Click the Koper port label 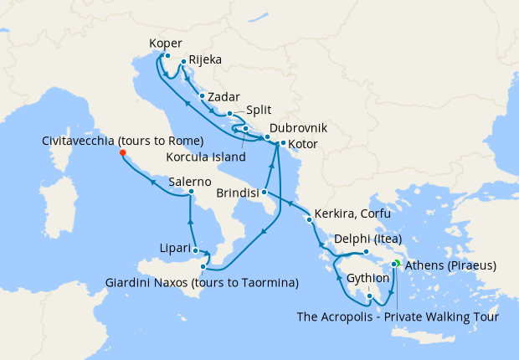click(165, 44)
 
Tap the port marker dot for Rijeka click(183, 62)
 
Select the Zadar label click(223, 97)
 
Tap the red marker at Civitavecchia click(122, 153)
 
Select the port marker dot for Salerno click(192, 193)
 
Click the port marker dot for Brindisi click(264, 192)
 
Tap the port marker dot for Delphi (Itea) click(366, 251)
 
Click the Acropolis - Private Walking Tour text click(398, 316)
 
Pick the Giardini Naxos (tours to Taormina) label click(201, 283)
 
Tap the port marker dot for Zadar click(202, 96)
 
